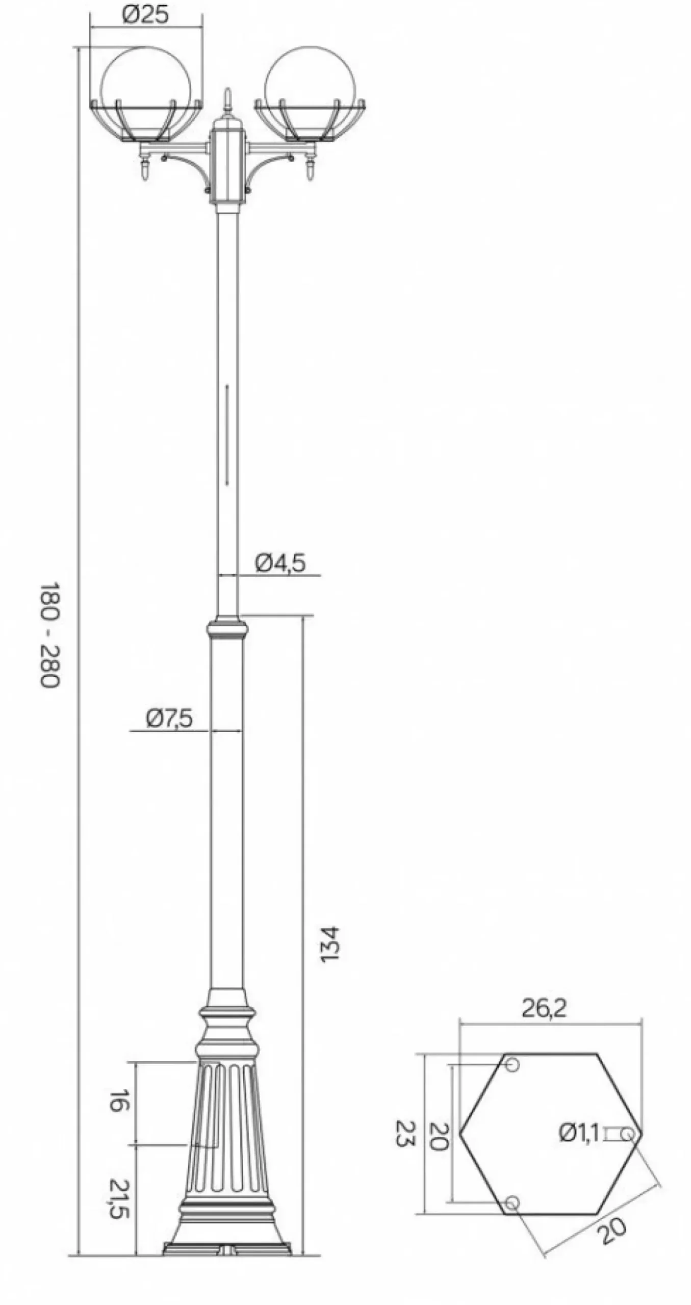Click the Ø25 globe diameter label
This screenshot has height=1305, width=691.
click(145, 15)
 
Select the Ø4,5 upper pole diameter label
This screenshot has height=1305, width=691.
click(280, 563)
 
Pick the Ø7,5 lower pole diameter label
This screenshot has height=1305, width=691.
click(170, 718)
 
